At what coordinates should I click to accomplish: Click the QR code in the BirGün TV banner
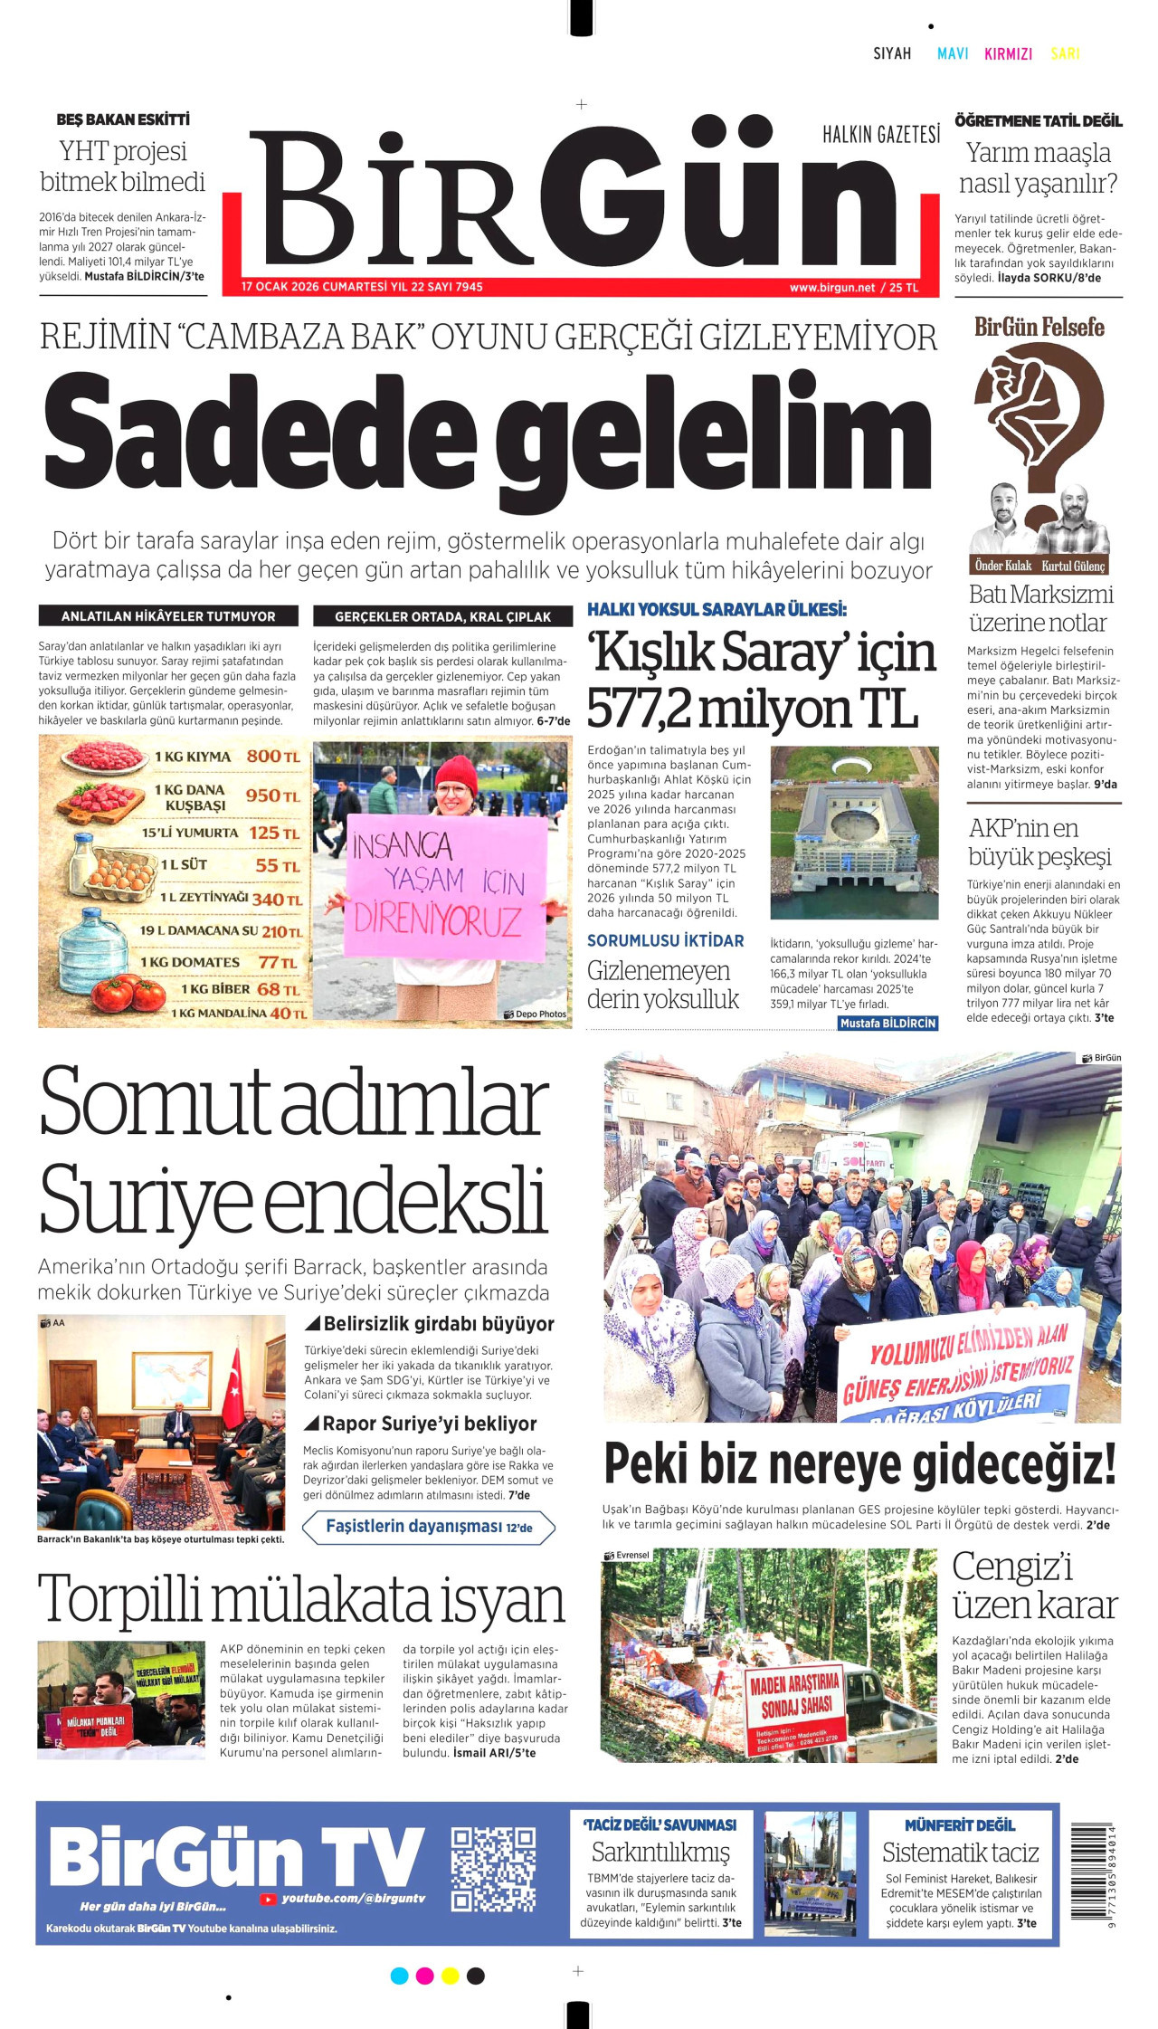point(493,1869)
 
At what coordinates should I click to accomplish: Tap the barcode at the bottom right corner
point(1093,1872)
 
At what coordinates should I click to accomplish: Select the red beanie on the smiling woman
point(455,775)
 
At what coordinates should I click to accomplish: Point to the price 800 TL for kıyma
point(272,757)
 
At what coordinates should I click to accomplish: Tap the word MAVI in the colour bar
point(953,54)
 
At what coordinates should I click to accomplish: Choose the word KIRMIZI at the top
point(1008,54)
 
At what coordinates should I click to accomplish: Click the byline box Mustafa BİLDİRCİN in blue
point(887,1024)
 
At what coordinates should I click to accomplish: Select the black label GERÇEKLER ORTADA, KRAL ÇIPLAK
point(442,616)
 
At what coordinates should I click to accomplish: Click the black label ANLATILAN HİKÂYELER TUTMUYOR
point(168,616)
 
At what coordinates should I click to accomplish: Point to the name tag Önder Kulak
point(1002,566)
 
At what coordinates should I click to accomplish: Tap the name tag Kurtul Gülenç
point(1073,566)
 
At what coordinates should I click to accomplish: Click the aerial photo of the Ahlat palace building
point(854,833)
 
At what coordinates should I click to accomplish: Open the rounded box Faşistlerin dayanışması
point(428,1527)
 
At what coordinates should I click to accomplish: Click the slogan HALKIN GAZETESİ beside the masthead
point(880,136)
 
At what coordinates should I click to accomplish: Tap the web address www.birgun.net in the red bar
point(831,288)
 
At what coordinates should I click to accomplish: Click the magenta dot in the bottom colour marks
point(424,1976)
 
